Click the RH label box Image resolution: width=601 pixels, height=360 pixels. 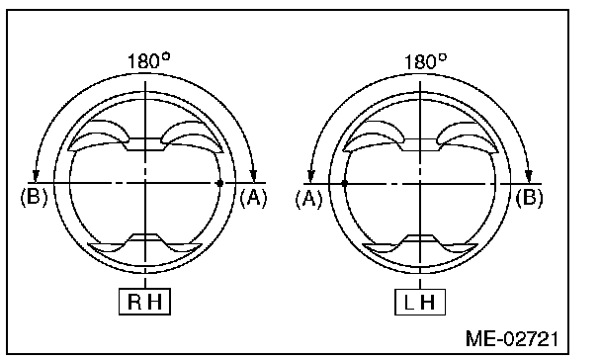(144, 302)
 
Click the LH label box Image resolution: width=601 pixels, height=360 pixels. (420, 302)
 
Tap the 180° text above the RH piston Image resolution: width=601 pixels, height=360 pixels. (148, 61)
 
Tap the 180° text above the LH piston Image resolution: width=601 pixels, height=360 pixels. (425, 61)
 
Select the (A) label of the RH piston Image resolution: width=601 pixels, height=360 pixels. (253, 198)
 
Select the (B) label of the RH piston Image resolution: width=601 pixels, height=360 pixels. (35, 197)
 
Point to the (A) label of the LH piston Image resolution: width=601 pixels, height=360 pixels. (309, 199)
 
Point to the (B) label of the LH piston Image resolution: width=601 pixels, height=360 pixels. (529, 198)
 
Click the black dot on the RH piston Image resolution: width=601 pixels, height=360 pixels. (219, 183)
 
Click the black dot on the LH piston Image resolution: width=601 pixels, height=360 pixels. (344, 184)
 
